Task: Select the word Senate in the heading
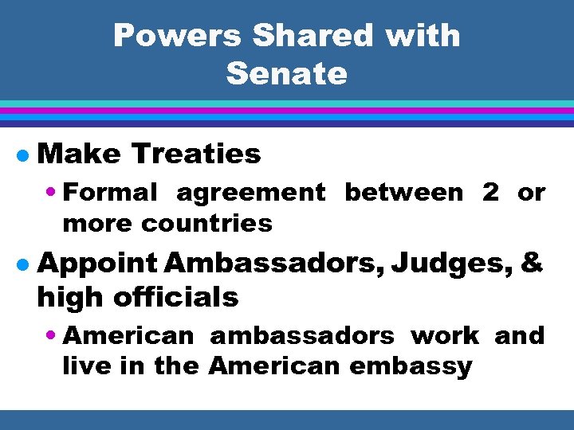point(287,74)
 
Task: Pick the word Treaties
point(196,154)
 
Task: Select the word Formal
point(110,192)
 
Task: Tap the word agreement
point(251,193)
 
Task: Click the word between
point(403,192)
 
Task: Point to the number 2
point(490,192)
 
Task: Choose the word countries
point(206,223)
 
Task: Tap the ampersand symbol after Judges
point(533,262)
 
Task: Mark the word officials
point(176,297)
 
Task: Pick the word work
point(445,335)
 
